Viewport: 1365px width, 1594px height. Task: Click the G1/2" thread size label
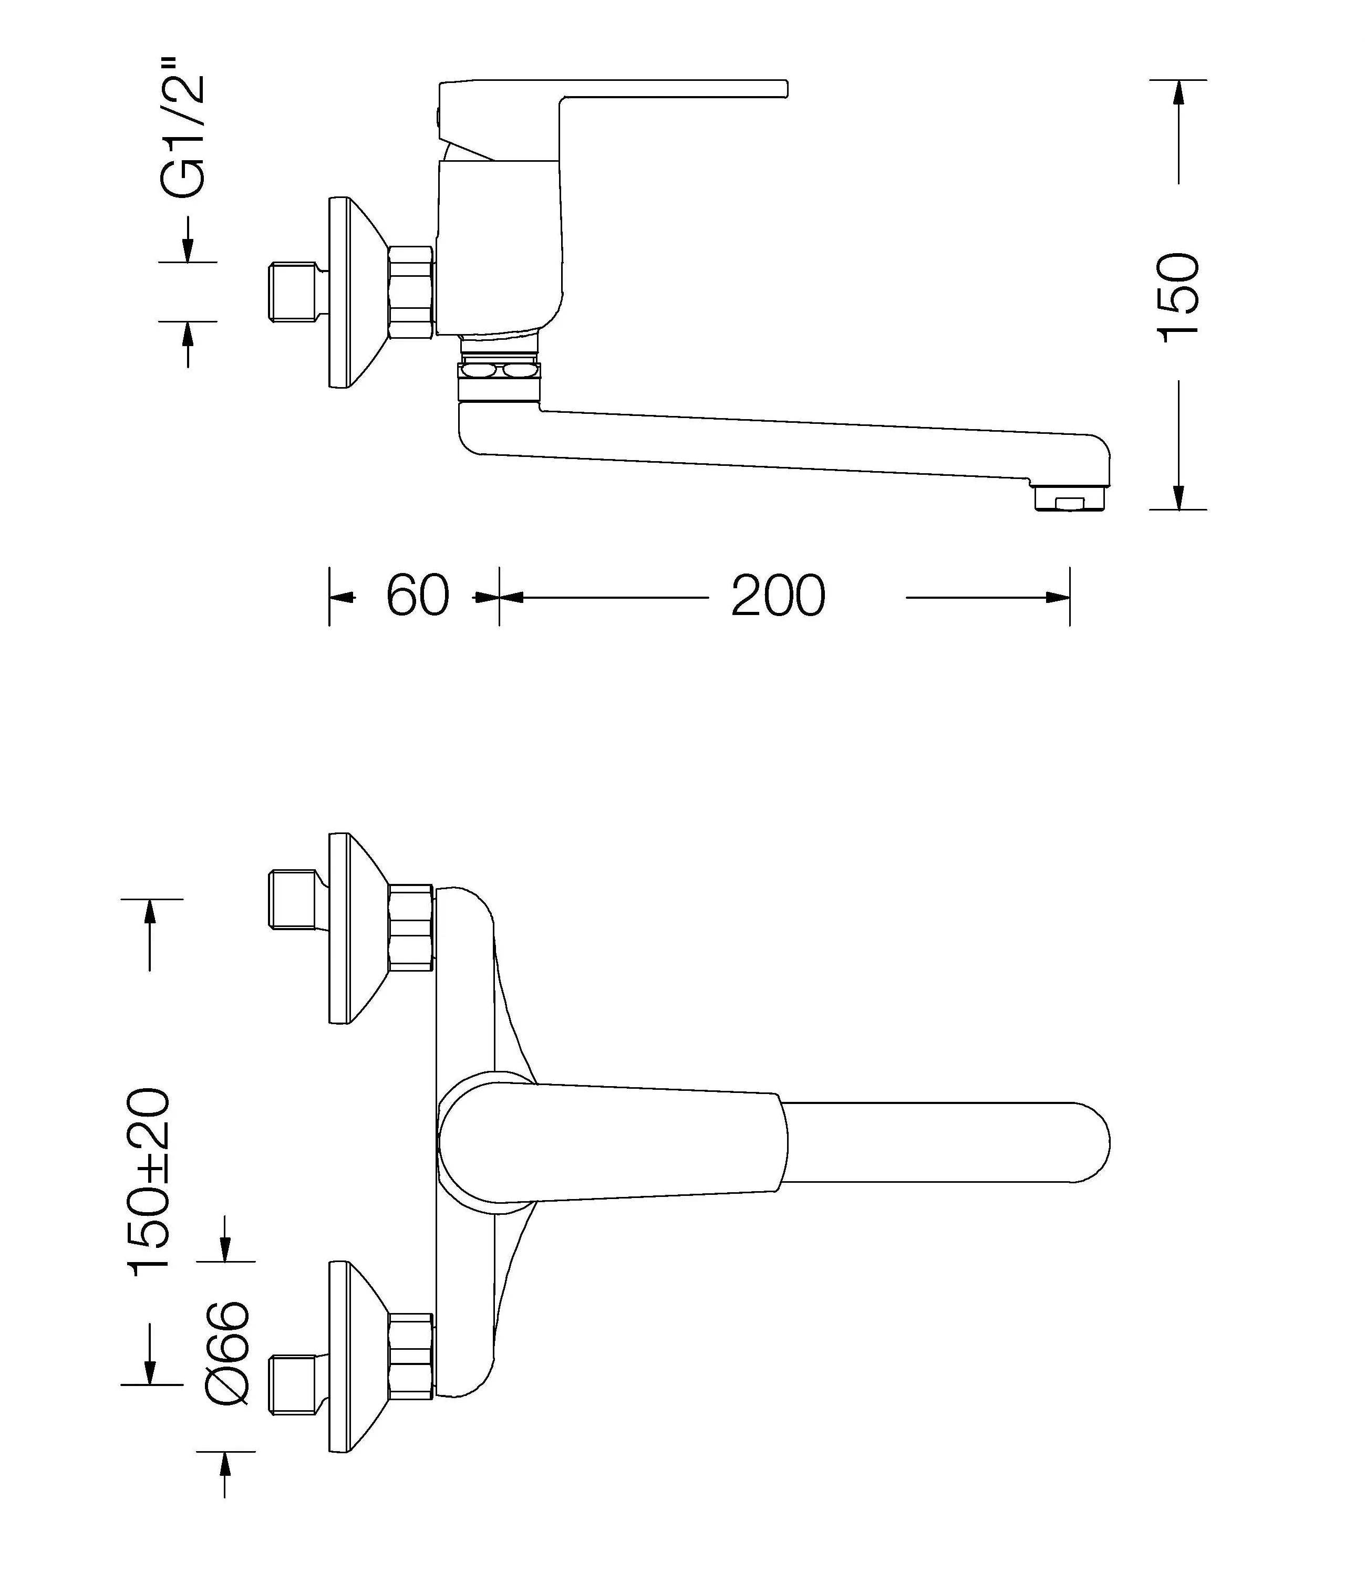pyautogui.click(x=183, y=137)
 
